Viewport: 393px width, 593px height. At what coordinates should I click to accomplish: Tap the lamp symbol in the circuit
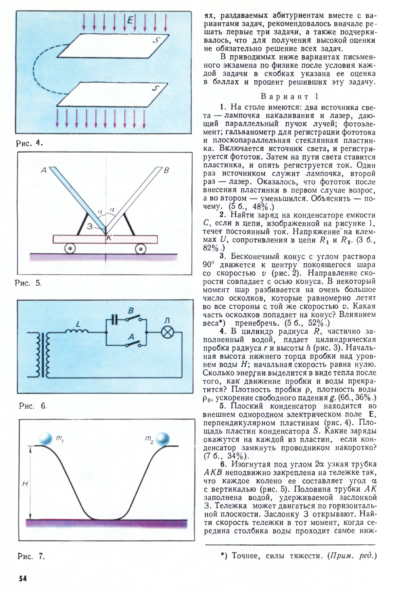(x=168, y=332)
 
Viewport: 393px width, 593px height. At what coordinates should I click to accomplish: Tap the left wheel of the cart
(x=70, y=249)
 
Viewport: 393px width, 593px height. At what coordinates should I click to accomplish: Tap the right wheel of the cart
(x=141, y=249)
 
